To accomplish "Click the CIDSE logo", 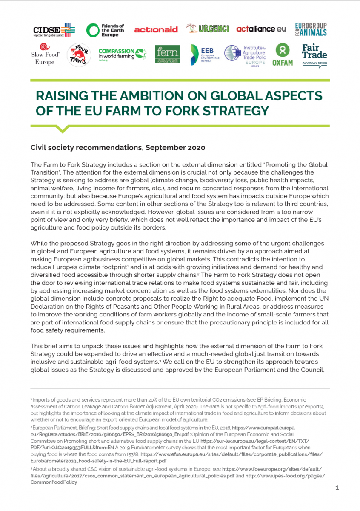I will [x=54, y=30].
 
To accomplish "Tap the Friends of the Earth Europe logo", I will [x=105, y=30].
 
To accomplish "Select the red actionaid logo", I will [x=156, y=30].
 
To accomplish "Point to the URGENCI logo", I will [x=207, y=29].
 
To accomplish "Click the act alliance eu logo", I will [x=261, y=29].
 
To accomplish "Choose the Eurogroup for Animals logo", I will [x=311, y=29].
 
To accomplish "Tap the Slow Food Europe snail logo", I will [x=45, y=55].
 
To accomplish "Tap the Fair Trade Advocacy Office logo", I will [x=314, y=55].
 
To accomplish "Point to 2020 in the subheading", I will [x=197, y=148].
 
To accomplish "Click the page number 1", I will [x=337, y=488].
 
